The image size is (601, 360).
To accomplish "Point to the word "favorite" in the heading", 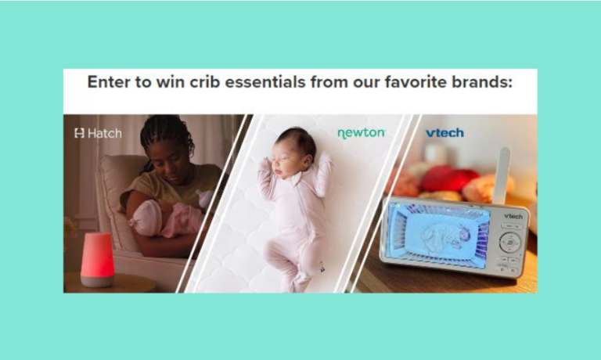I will pyautogui.click(x=423, y=81).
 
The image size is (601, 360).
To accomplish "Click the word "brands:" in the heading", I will pyautogui.click(x=484, y=81).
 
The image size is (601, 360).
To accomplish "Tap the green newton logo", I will pyautogui.click(x=361, y=133).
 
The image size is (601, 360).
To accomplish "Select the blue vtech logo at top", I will pyautogui.click(x=444, y=133).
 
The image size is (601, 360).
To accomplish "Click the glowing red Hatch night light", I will pyautogui.click(x=97, y=258).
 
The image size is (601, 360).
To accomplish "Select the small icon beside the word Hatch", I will pyautogui.click(x=79, y=133).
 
